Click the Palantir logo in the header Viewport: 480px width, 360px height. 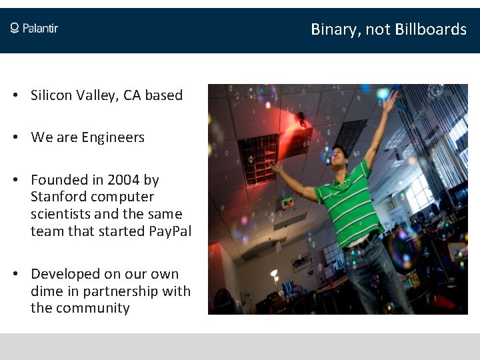click(34, 28)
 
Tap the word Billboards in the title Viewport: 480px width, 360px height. click(431, 29)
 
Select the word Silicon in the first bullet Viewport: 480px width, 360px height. click(51, 95)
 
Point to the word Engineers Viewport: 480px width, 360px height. click(113, 138)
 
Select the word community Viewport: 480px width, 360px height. click(93, 308)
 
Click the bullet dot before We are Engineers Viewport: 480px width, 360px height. click(15, 138)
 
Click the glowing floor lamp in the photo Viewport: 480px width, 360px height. click(274, 273)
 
